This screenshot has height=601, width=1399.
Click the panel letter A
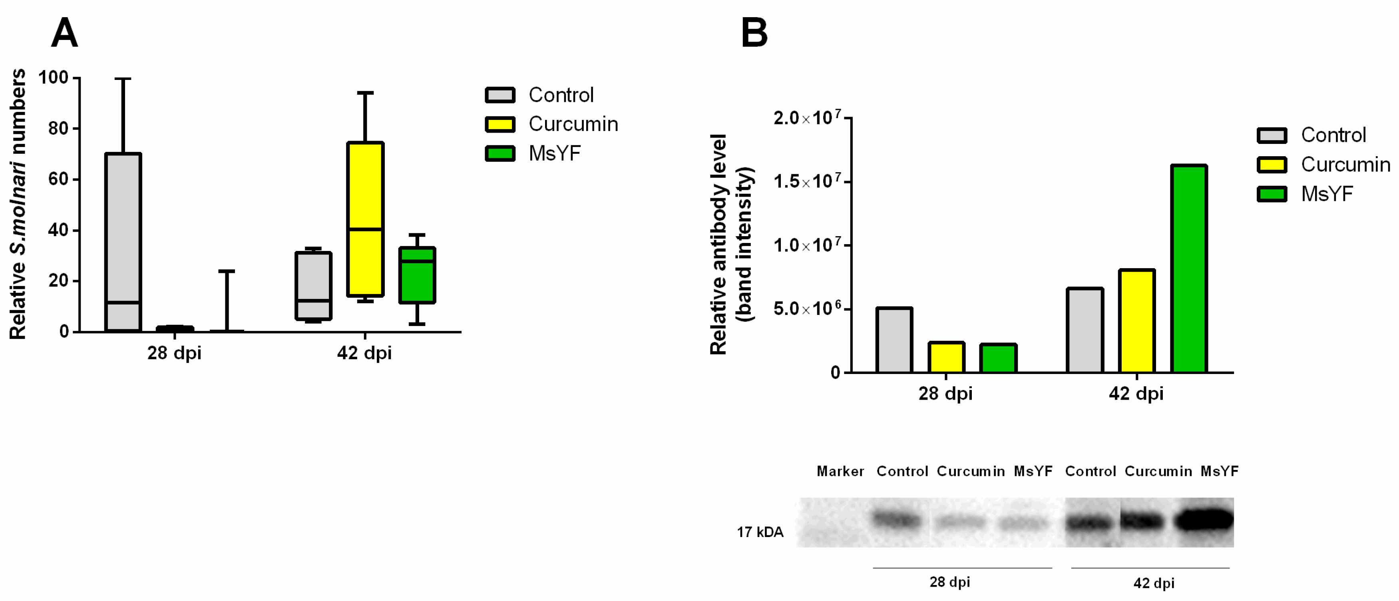click(64, 33)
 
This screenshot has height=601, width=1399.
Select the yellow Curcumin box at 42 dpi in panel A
click(365, 219)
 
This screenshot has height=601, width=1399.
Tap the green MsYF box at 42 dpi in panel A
click(417, 275)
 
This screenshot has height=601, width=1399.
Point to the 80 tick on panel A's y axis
click(59, 129)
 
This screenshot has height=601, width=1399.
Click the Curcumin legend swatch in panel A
click(500, 124)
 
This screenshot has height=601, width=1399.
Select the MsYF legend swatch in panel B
click(1272, 194)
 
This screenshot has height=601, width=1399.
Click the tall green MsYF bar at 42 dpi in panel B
click(1189, 269)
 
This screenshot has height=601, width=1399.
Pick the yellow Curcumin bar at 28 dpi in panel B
click(946, 357)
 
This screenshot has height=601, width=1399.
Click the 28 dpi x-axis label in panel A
click(174, 353)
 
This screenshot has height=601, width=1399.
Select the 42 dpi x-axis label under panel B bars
click(1136, 393)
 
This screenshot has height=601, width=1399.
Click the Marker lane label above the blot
click(840, 471)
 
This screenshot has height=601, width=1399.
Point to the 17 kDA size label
click(760, 532)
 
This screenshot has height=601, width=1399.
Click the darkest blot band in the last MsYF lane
click(1204, 520)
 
